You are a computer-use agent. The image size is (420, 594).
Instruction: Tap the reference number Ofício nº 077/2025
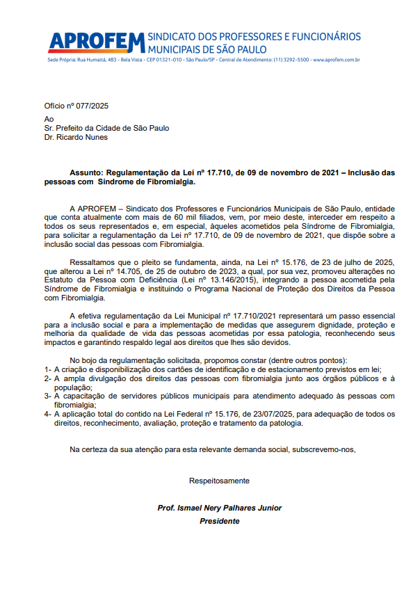[76, 106]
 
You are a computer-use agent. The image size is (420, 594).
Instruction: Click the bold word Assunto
[87, 172]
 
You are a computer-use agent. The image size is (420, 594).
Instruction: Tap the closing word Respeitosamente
[219, 481]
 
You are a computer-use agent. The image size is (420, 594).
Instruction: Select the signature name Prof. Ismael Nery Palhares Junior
[220, 508]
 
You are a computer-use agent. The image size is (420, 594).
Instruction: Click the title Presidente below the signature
[220, 521]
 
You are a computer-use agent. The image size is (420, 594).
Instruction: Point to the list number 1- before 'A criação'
[47, 369]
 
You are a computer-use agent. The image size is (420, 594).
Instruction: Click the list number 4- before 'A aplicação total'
[47, 415]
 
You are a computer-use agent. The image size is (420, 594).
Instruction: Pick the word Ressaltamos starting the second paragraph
[92, 262]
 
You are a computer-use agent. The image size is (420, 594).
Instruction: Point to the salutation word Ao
[49, 119]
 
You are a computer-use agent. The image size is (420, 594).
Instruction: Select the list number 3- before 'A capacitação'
[47, 396]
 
